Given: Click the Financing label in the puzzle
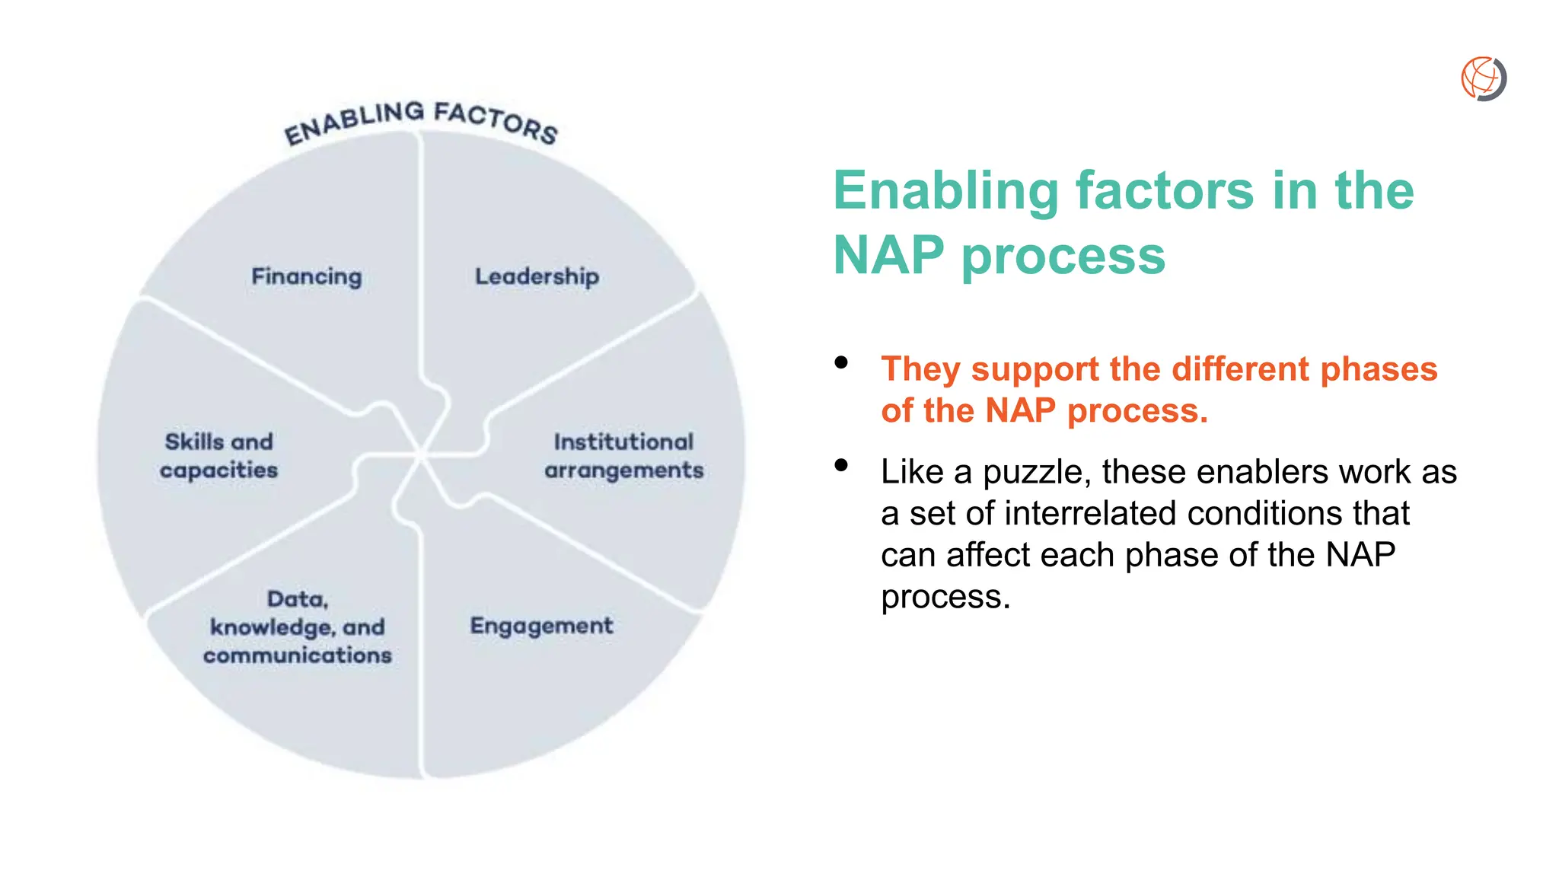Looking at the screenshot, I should coord(307,276).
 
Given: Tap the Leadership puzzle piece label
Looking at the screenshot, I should coord(537,276).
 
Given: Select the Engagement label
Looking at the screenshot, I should coord(541,626).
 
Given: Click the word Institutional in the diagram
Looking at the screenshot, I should coord(623,442).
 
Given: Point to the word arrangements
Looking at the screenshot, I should coord(623,470).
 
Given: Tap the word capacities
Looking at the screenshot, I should coord(218,470).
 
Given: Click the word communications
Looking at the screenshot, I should coord(297,655).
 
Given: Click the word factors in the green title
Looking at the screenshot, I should coord(1164,190).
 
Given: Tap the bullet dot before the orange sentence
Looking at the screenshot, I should coord(841,362).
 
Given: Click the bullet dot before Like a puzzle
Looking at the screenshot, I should coord(841,465).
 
